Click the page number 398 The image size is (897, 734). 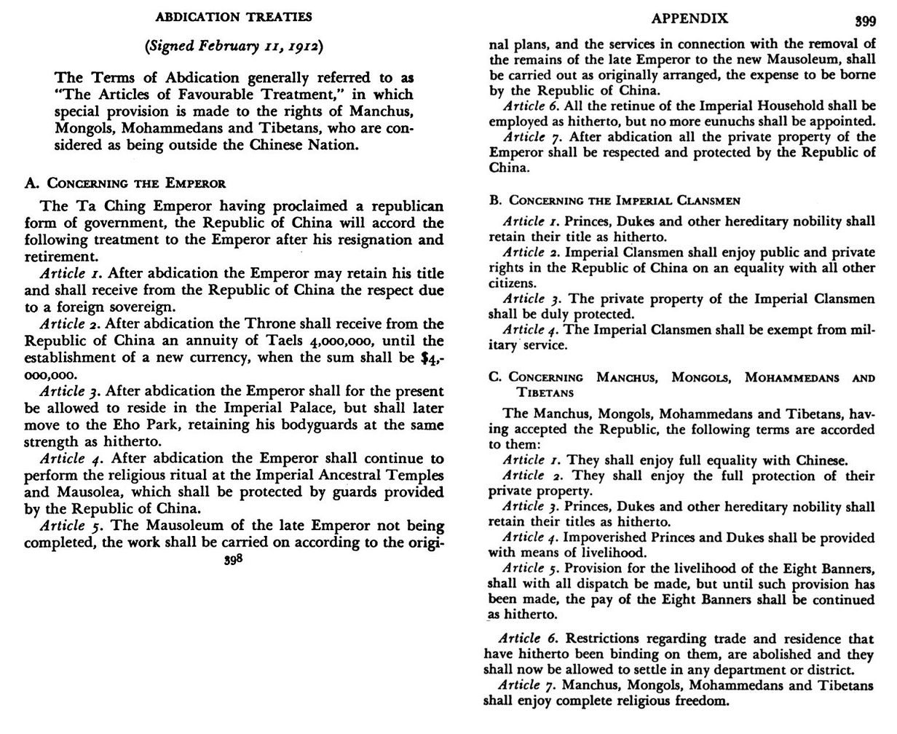233,561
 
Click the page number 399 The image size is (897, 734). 866,21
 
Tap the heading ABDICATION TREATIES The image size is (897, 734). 234,16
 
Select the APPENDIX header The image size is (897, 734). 689,19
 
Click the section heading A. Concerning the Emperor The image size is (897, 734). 125,183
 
